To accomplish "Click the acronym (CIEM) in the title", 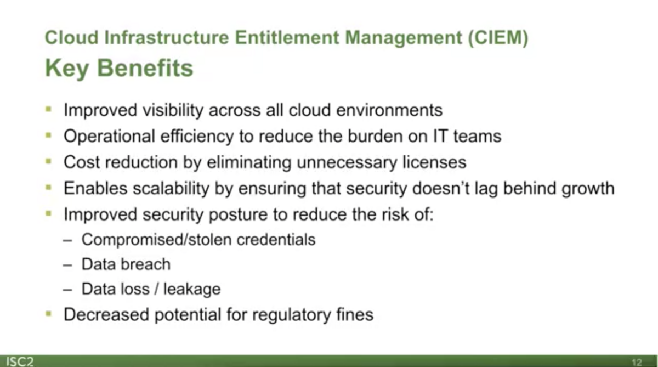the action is click(x=498, y=38).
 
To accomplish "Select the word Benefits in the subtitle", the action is click(x=145, y=68).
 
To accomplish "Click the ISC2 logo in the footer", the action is click(x=20, y=362).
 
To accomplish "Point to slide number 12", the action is click(x=637, y=362).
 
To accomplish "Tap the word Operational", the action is click(x=109, y=137).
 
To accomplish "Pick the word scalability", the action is click(x=171, y=189).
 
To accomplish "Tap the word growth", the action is click(x=588, y=189).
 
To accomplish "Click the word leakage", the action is click(x=192, y=289).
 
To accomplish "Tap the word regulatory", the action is click(x=292, y=315).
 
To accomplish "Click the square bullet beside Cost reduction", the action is click(x=49, y=161).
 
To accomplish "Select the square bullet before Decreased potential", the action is click(x=49, y=314).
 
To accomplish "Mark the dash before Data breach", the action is click(x=67, y=265).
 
